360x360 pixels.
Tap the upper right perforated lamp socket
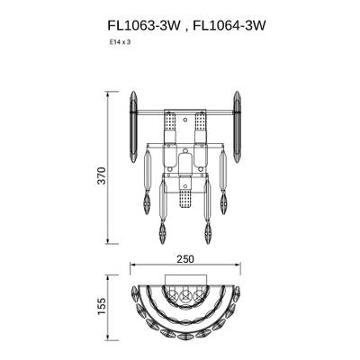201,121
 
